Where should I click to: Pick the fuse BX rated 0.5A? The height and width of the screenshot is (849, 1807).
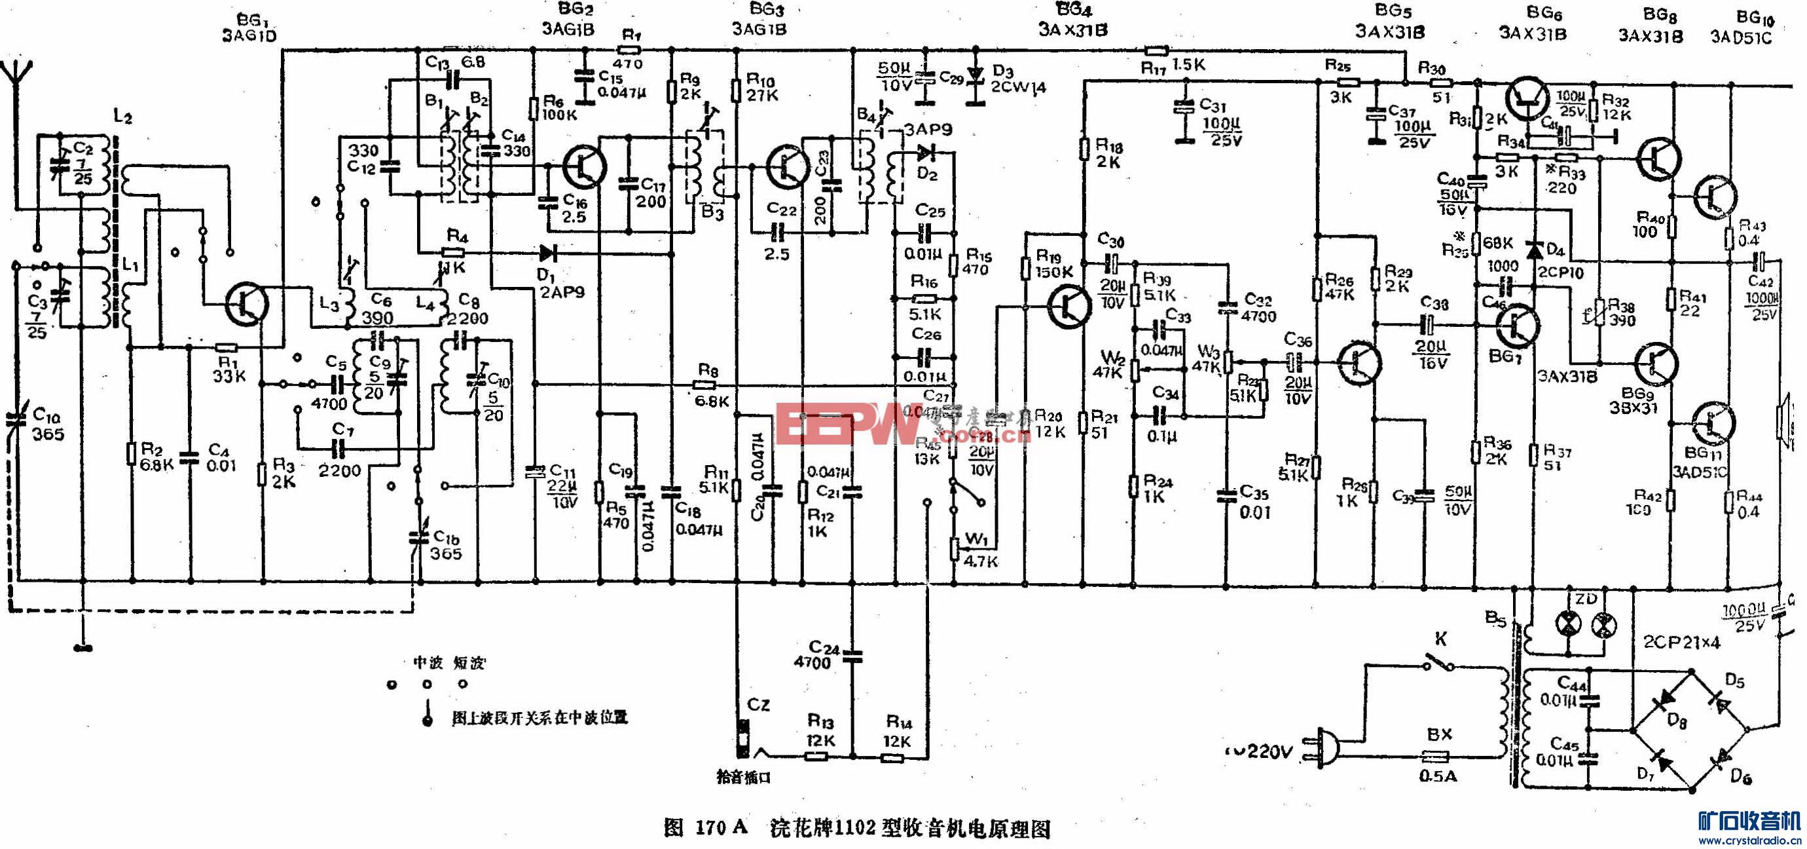[1435, 757]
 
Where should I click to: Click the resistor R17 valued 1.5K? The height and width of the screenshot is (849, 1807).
[1156, 50]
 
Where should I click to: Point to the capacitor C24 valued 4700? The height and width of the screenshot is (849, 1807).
[853, 656]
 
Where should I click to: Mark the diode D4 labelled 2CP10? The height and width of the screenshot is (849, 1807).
[1534, 249]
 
